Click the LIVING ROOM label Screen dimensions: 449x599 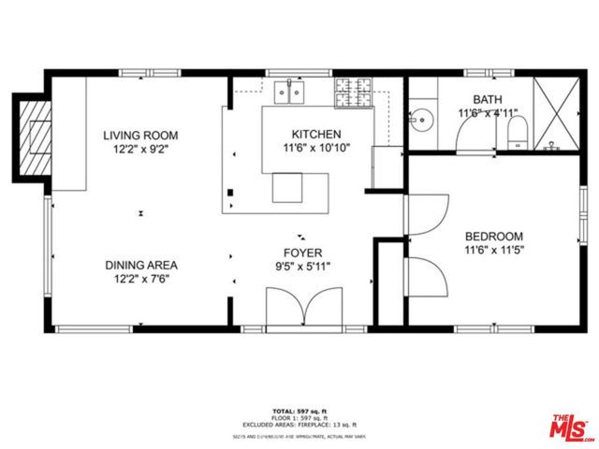[x=140, y=135]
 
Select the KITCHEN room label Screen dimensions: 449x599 [x=316, y=135]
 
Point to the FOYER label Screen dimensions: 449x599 [x=303, y=253]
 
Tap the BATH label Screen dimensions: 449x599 [x=487, y=100]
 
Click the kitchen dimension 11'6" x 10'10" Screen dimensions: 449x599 [x=316, y=148]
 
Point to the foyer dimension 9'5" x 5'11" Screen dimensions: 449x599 [x=303, y=266]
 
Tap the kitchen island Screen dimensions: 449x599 [x=288, y=187]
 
